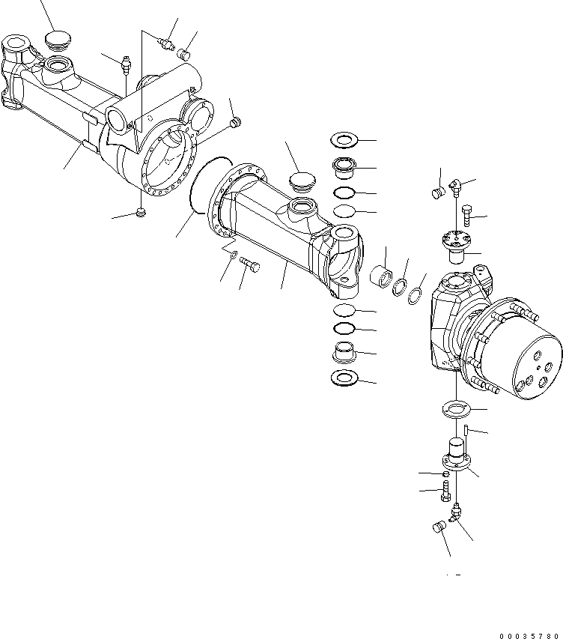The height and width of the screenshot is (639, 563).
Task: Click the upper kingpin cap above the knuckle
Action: [456, 245]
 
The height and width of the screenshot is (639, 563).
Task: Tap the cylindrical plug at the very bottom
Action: [439, 527]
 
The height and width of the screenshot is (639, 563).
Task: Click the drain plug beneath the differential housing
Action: [141, 214]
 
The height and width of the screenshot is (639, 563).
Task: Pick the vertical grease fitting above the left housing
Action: [127, 64]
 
